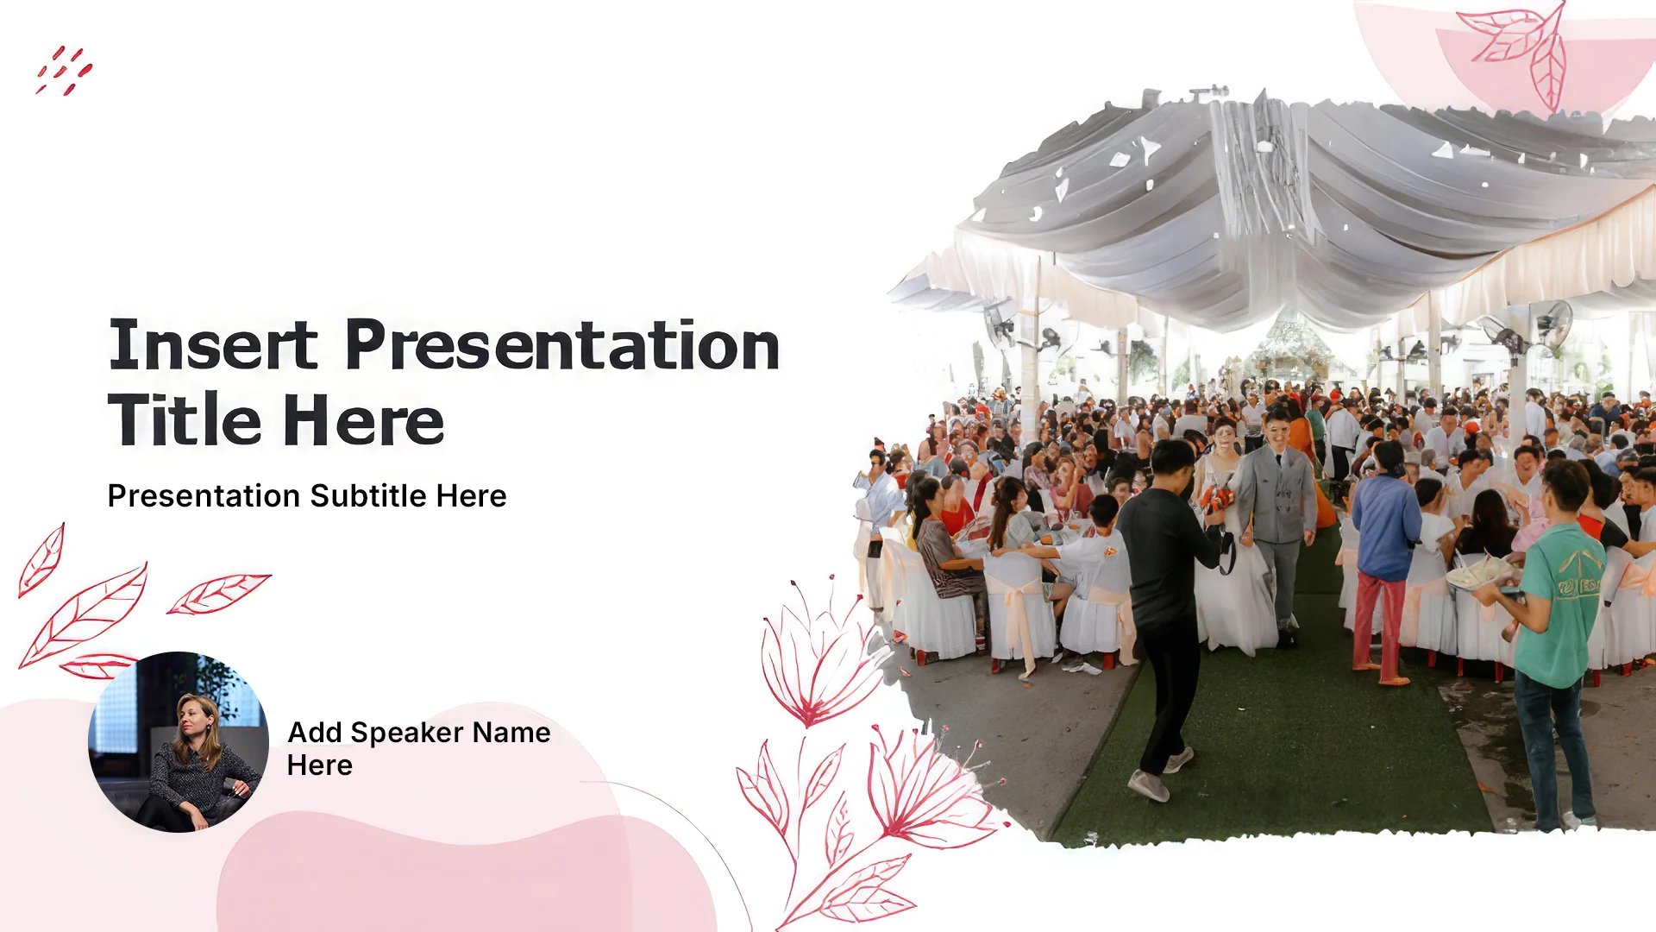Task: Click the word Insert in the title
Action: point(213,345)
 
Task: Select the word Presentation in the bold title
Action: point(562,345)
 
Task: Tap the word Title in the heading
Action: point(185,420)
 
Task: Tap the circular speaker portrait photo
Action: point(179,742)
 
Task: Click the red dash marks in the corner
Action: point(64,70)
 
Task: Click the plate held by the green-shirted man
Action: point(1477,574)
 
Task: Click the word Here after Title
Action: point(363,420)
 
